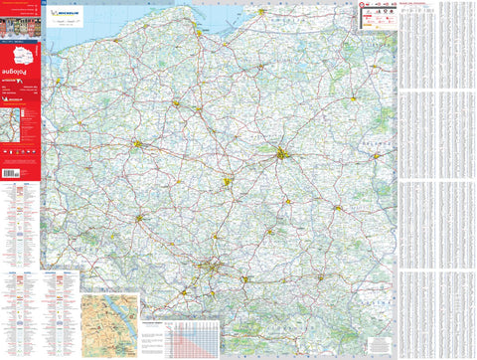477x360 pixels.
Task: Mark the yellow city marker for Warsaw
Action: point(284,153)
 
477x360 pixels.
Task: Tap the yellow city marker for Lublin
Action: point(338,208)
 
